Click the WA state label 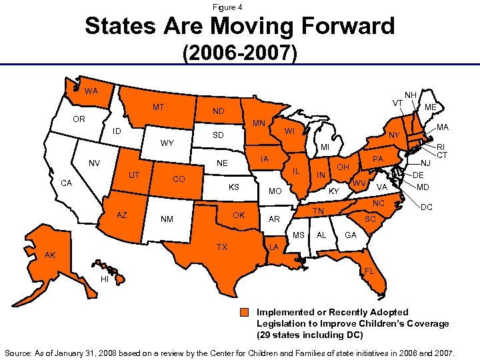(91, 91)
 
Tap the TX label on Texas (222, 247)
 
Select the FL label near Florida (369, 272)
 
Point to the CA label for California (67, 183)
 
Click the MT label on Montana (159, 107)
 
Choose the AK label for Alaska (51, 255)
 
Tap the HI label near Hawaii (105, 279)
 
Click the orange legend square (246, 313)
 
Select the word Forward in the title (333, 26)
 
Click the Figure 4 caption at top (227, 7)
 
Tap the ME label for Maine (431, 107)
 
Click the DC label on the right (428, 208)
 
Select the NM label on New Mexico (168, 219)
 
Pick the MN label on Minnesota (259, 123)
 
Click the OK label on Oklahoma (239, 215)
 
